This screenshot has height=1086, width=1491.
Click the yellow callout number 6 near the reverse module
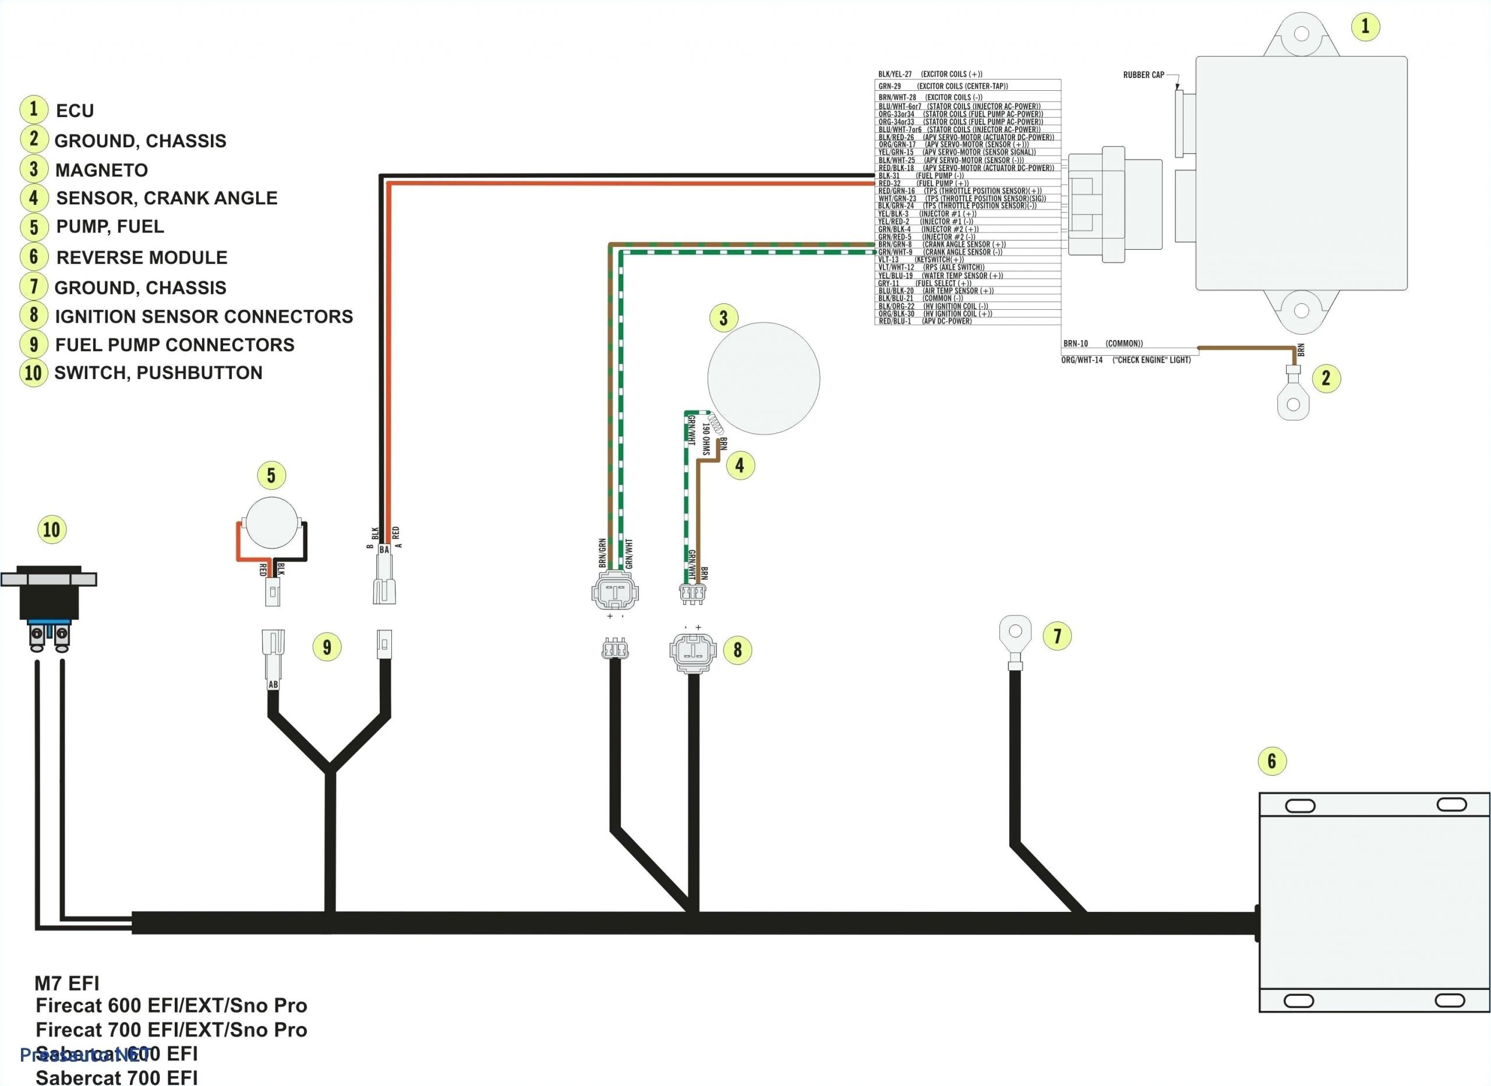click(1271, 760)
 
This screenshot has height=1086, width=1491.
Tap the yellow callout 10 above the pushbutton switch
click(51, 529)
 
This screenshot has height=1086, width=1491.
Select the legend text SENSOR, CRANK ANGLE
click(167, 198)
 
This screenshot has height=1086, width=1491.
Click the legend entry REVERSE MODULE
click(142, 257)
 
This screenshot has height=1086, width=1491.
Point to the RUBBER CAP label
click(1143, 75)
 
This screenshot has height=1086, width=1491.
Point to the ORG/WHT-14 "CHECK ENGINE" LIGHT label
click(1125, 360)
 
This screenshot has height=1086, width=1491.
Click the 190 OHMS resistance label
click(705, 439)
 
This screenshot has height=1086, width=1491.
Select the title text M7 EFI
click(66, 984)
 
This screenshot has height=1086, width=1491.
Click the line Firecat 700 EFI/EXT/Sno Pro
click(171, 1030)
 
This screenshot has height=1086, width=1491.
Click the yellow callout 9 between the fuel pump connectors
click(327, 647)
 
